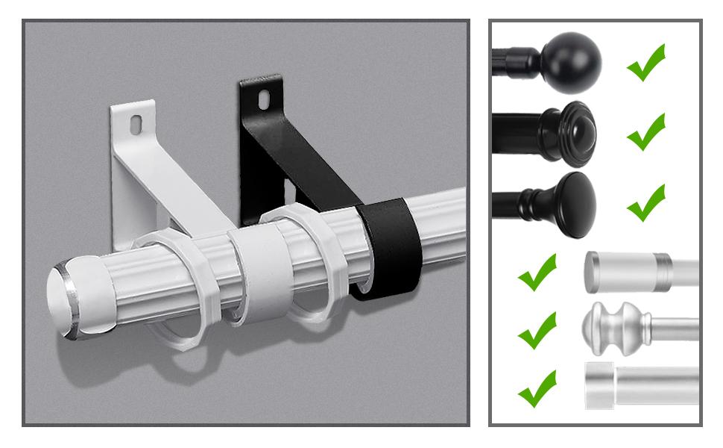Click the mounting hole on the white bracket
(x=139, y=124)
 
